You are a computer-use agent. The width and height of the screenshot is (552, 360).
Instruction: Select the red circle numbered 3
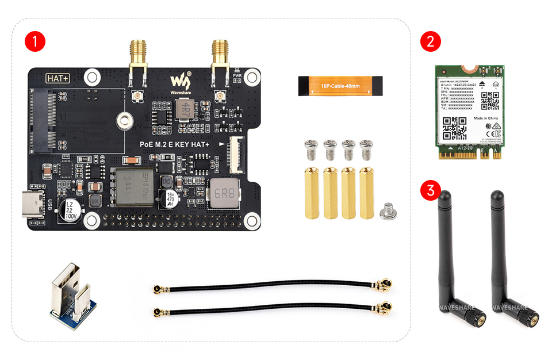click(x=431, y=190)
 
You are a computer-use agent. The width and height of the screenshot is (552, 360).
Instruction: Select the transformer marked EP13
click(x=135, y=187)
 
